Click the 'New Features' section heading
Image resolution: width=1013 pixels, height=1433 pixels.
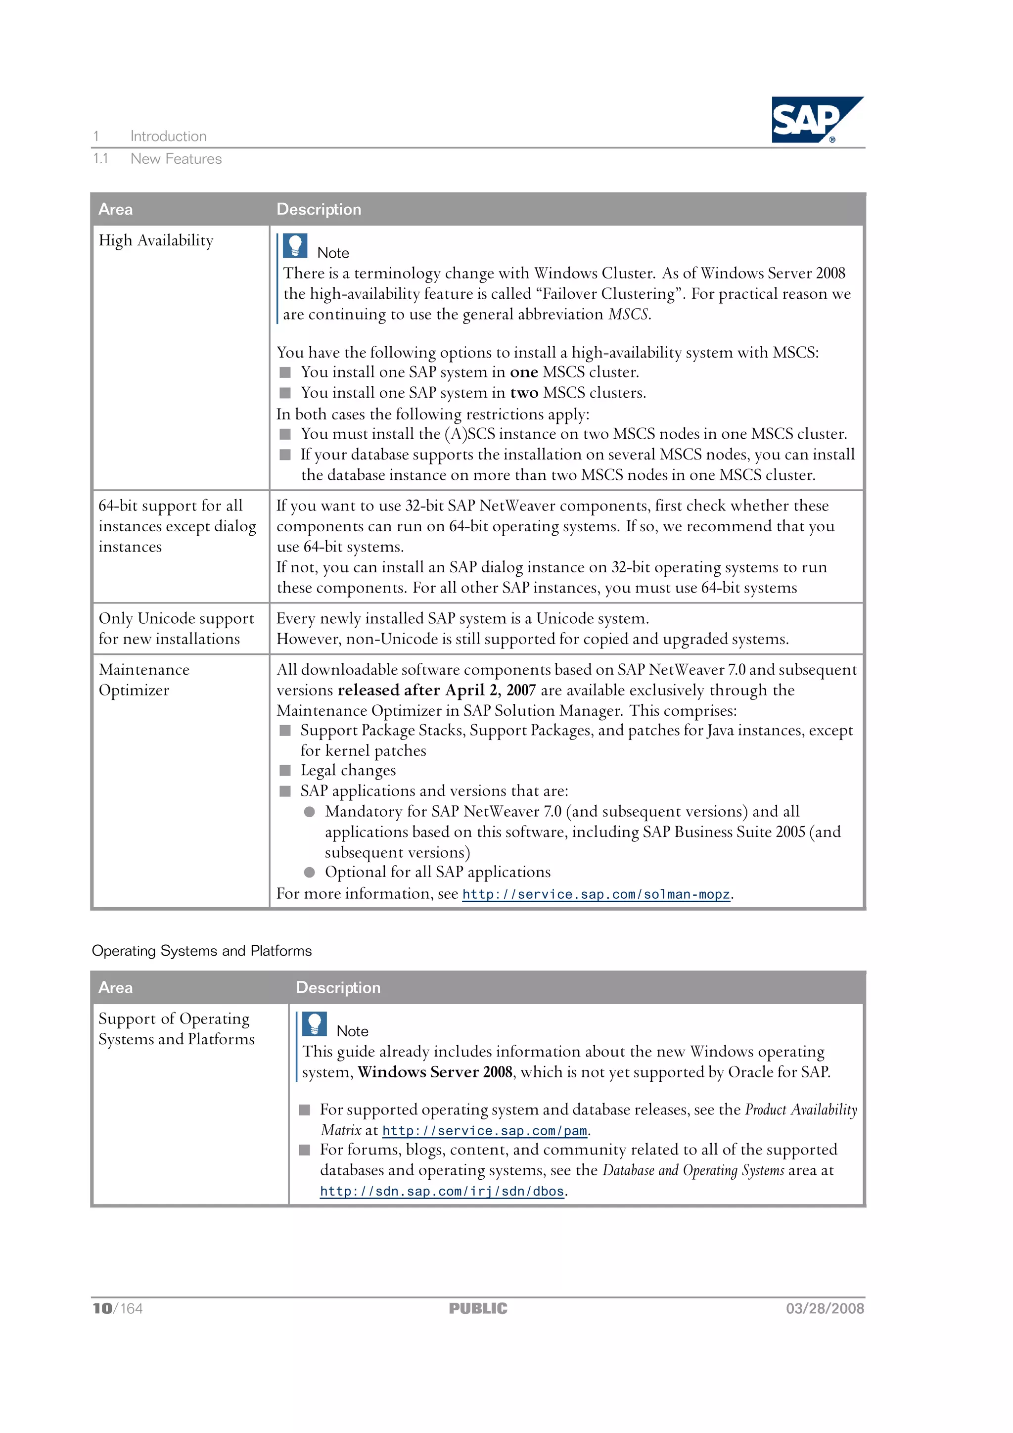pyautogui.click(x=176, y=159)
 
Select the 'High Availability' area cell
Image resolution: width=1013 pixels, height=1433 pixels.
pyautogui.click(x=156, y=241)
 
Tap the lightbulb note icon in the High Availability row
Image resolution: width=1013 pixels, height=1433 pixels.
pyautogui.click(x=295, y=246)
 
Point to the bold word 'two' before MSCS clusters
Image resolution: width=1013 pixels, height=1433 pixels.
pyautogui.click(x=524, y=393)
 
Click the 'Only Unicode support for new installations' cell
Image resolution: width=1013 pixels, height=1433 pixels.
pyautogui.click(x=176, y=629)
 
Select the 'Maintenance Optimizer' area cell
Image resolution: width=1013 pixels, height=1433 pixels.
pyautogui.click(x=143, y=680)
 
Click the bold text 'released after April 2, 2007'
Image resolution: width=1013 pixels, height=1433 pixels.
pyautogui.click(x=436, y=691)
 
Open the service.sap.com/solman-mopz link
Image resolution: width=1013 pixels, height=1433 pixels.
pyautogui.click(x=596, y=894)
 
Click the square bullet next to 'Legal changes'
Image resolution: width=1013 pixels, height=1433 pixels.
pyautogui.click(x=285, y=770)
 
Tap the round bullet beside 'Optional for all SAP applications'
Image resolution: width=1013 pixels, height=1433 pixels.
pyautogui.click(x=310, y=873)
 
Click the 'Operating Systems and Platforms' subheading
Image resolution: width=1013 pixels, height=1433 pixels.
pyautogui.click(x=202, y=951)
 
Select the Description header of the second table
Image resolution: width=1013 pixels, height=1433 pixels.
pyautogui.click(x=338, y=987)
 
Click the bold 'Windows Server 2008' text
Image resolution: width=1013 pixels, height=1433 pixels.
pyautogui.click(x=435, y=1072)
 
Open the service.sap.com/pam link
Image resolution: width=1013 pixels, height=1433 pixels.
pyautogui.click(x=484, y=1131)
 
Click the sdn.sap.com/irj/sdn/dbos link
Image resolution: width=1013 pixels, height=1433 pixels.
pyautogui.click(x=442, y=1192)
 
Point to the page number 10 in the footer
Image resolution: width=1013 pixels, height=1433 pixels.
pyautogui.click(x=102, y=1309)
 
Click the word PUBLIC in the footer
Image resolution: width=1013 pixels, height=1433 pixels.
pyautogui.click(x=478, y=1309)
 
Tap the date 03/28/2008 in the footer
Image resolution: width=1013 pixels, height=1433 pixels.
pyautogui.click(x=825, y=1309)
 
